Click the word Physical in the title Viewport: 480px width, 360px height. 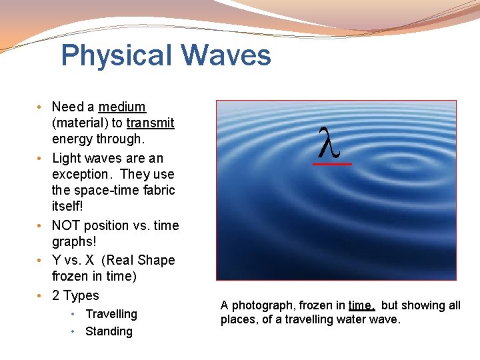click(x=113, y=55)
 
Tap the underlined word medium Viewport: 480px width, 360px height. click(x=122, y=107)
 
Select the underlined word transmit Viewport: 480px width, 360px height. click(x=150, y=123)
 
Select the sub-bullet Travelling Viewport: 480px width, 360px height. click(x=111, y=314)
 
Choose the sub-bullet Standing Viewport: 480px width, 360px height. click(x=109, y=331)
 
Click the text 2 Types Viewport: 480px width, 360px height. click(x=75, y=295)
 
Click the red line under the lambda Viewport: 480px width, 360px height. click(x=333, y=163)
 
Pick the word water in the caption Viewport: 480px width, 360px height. click(x=353, y=319)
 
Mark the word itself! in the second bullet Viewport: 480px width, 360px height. click(x=69, y=207)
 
